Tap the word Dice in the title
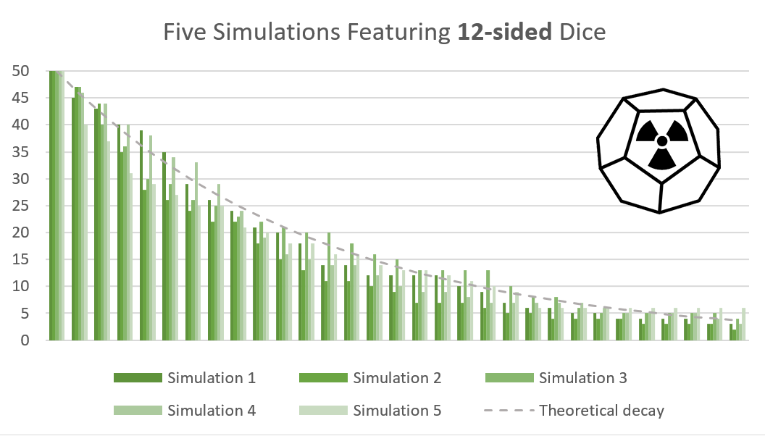[x=580, y=33]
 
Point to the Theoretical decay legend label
[x=601, y=410]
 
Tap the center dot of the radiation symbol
[x=661, y=141]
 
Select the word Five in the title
[x=181, y=33]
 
